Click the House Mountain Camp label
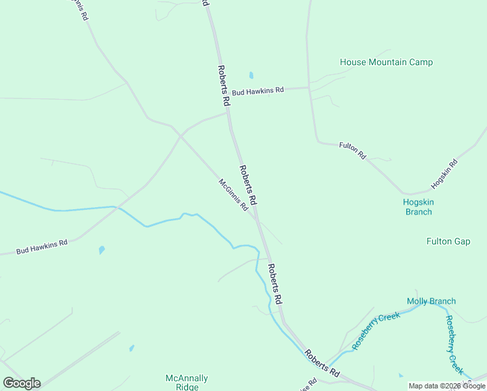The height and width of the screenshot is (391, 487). (x=386, y=63)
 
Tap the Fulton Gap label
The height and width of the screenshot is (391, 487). (x=448, y=241)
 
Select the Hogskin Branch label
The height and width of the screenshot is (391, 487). (x=418, y=207)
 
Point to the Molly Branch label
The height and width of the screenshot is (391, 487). (x=431, y=301)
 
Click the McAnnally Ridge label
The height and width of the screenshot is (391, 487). (x=187, y=382)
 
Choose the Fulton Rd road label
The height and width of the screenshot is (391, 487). (x=353, y=151)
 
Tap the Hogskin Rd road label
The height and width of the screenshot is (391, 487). (x=445, y=174)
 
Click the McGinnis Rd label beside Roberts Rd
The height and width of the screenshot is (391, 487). (x=233, y=195)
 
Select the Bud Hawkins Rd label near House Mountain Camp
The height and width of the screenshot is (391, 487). (x=258, y=91)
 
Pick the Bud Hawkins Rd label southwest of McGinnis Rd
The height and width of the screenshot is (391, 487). (x=42, y=247)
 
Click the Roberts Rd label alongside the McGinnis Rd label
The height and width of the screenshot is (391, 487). (x=249, y=184)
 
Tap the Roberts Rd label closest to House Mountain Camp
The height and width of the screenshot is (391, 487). (x=223, y=85)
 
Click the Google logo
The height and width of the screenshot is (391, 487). (x=21, y=383)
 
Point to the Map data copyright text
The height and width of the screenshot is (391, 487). (x=447, y=386)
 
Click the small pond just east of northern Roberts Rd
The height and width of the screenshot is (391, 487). (x=251, y=75)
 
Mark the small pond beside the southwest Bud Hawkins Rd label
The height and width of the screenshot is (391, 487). (x=101, y=250)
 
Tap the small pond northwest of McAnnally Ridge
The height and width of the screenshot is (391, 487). (x=132, y=348)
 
